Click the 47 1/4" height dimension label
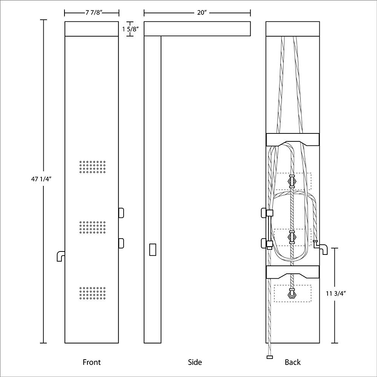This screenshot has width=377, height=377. tap(41, 179)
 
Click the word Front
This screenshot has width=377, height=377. tap(92, 362)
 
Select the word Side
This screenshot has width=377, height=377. tap(195, 362)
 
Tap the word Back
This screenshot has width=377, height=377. tap(293, 362)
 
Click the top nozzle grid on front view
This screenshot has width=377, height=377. tap(92, 167)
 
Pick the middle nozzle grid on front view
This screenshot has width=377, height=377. tap(92, 227)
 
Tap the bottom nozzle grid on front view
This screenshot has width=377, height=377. tap(92, 294)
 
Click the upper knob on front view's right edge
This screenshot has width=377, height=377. tap(121, 213)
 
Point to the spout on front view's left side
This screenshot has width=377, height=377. tap(60, 256)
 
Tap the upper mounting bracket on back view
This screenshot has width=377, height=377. tap(293, 139)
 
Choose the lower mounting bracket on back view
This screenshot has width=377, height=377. tap(293, 272)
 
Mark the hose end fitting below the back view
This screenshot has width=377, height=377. tap(269, 357)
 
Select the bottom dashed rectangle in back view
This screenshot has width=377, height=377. tap(293, 293)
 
